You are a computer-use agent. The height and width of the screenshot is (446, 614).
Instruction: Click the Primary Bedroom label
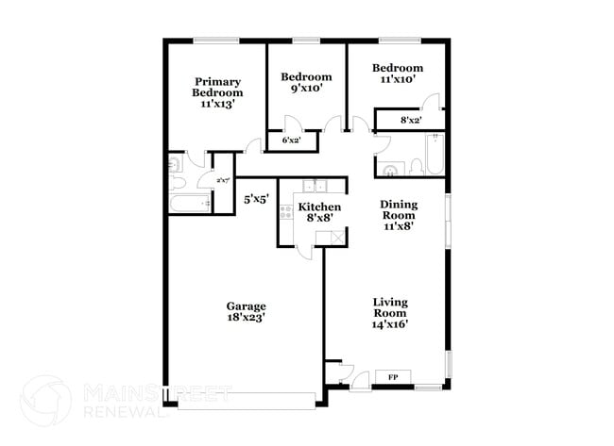(216, 87)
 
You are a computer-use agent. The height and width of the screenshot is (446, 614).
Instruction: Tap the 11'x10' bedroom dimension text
(396, 79)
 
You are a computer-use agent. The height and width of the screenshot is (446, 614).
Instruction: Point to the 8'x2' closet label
(410, 120)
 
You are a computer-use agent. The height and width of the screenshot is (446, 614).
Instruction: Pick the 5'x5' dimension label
(257, 199)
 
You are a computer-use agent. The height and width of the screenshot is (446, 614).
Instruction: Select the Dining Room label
(399, 209)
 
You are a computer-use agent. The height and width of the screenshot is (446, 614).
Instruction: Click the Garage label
(246, 306)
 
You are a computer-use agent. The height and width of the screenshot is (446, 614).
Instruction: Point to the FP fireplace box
(392, 376)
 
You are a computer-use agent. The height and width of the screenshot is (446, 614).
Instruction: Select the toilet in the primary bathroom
(176, 166)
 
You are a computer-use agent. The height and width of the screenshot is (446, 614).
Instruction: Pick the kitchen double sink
(313, 186)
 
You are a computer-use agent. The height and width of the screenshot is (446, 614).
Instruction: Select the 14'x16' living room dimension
(389, 324)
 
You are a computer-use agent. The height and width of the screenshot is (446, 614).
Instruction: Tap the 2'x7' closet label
(223, 180)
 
